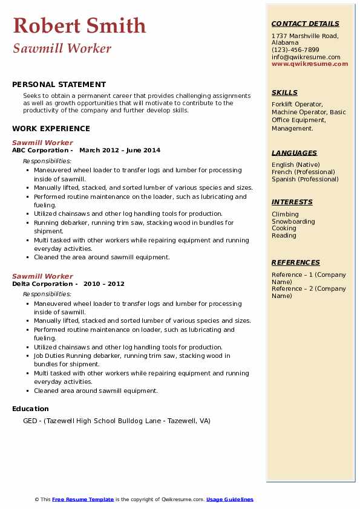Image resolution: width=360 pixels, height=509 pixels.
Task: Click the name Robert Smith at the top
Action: click(x=79, y=25)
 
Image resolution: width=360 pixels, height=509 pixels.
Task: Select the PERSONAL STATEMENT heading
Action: click(x=59, y=85)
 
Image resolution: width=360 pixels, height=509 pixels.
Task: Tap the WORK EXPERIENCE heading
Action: click(x=51, y=128)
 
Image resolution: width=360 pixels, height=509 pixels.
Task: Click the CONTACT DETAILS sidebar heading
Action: click(x=305, y=24)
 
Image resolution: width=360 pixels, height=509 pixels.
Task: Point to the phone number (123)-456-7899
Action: click(x=295, y=50)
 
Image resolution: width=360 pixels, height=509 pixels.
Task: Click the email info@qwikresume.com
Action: click(x=306, y=57)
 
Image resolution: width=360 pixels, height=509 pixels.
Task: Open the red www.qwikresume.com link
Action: click(x=310, y=63)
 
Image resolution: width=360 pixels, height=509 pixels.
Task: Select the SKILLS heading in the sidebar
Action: click(x=284, y=92)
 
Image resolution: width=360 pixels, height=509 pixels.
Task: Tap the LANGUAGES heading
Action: click(x=294, y=153)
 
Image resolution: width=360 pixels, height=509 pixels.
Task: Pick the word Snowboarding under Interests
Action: click(x=293, y=221)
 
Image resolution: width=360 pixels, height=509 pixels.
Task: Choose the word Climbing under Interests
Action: click(x=285, y=214)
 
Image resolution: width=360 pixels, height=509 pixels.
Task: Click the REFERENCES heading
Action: click(x=296, y=262)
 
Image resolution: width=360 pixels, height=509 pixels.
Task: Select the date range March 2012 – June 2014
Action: click(x=120, y=150)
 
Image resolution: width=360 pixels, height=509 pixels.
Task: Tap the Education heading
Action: click(x=30, y=409)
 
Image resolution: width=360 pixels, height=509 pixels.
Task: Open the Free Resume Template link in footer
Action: click(x=83, y=499)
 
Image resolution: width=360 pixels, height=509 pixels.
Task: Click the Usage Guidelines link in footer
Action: click(x=230, y=499)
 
